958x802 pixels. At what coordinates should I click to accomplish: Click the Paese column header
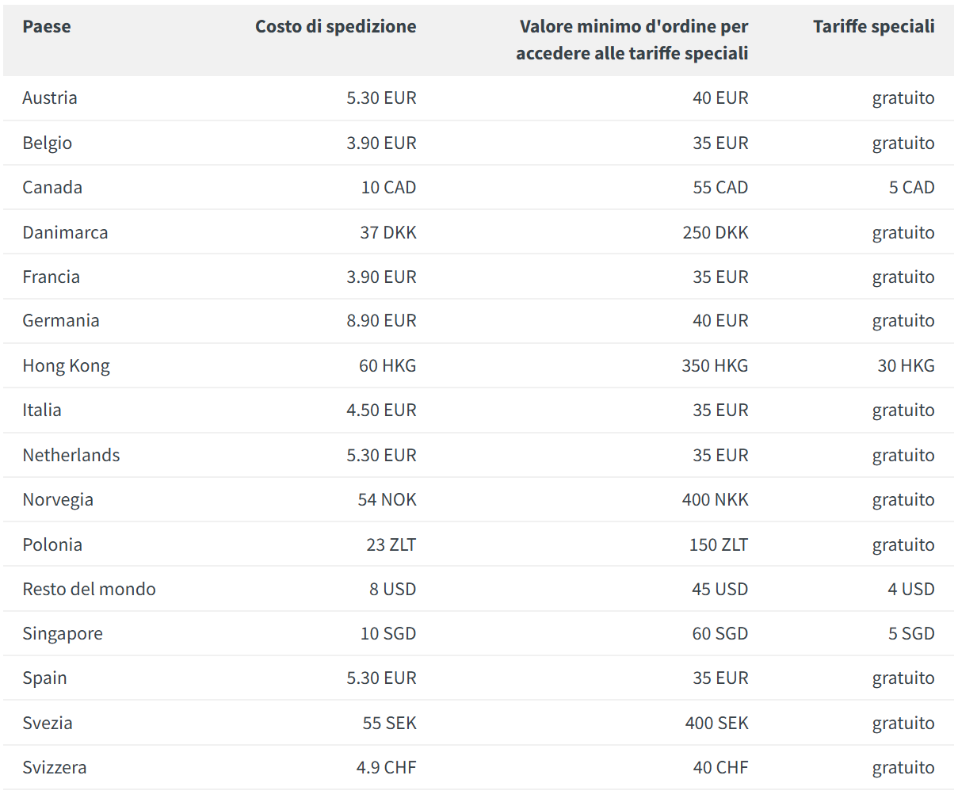[47, 26]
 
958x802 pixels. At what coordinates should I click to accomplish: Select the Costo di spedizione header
[335, 26]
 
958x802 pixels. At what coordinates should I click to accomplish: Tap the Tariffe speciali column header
[873, 26]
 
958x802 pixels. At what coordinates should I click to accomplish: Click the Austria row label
[50, 97]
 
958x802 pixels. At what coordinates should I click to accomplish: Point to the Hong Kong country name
[66, 365]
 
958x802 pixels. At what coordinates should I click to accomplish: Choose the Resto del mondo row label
[89, 589]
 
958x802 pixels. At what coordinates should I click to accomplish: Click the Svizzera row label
[55, 767]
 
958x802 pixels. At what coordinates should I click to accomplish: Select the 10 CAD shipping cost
[388, 187]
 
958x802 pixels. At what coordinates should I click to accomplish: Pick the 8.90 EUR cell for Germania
[381, 320]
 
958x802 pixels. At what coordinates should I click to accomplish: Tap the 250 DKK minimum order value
[715, 232]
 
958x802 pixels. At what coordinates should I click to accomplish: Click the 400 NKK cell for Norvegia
[715, 499]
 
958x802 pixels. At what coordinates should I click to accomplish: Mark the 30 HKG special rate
[906, 365]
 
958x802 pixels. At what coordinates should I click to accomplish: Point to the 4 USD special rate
[910, 589]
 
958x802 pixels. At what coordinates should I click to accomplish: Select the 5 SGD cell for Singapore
[911, 633]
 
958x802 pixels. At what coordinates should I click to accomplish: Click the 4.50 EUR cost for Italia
[381, 410]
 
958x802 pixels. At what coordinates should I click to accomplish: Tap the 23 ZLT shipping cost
[391, 544]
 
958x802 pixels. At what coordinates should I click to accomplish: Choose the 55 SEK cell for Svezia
[389, 723]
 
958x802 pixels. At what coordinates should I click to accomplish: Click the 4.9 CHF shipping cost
[386, 767]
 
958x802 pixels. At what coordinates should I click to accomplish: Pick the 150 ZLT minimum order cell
[718, 544]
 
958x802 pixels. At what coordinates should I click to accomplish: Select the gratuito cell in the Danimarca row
[903, 232]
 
